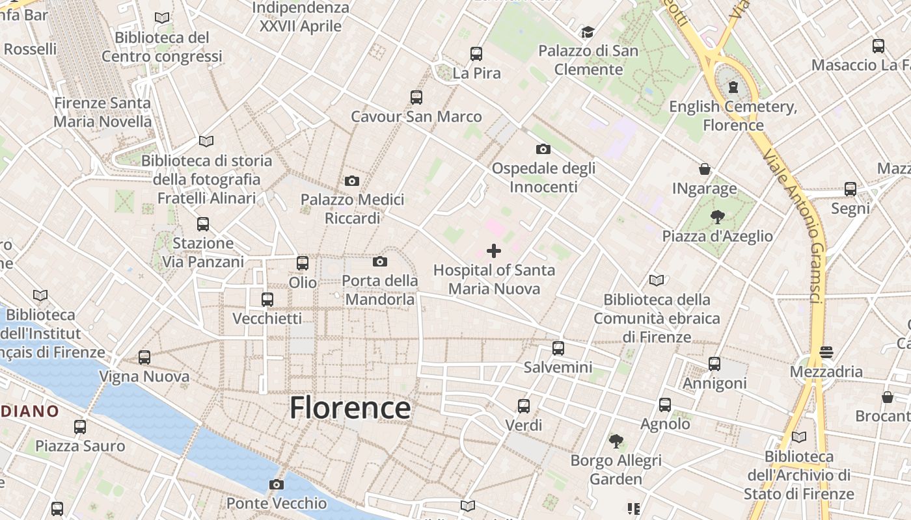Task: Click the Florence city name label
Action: [350, 408]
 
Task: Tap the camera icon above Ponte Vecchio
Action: [277, 484]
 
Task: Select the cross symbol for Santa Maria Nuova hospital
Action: [494, 251]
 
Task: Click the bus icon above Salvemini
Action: [558, 348]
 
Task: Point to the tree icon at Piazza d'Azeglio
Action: [718, 217]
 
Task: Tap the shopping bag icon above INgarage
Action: [705, 170]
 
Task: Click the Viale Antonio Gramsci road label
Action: [796, 227]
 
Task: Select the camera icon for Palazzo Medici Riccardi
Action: [352, 181]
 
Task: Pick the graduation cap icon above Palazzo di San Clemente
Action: [588, 32]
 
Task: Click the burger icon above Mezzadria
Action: [826, 352]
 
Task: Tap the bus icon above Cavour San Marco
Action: [416, 97]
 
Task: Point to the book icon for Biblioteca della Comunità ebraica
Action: [657, 281]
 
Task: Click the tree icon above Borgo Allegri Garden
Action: [616, 442]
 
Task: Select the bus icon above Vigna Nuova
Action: [144, 357]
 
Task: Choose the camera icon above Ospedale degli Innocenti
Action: [543, 149]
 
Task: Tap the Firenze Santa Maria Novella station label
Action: [102, 112]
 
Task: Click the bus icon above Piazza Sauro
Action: [80, 427]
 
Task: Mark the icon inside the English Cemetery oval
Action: [733, 87]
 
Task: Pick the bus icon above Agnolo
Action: [665, 405]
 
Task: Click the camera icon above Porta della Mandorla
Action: [380, 262]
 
